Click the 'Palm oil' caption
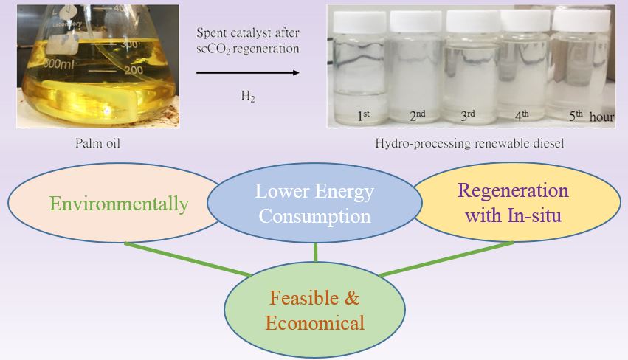pos(97,143)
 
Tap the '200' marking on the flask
pos(134,70)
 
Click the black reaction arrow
pos(248,72)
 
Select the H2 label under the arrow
pos(248,97)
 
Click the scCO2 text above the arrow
pos(213,49)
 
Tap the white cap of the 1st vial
pos(360,22)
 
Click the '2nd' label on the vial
pos(418,115)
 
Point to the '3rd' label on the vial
pos(468,115)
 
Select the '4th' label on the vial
pos(522,115)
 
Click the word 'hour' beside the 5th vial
pos(601,117)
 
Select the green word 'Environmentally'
pos(119,204)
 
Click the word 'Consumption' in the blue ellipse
pos(314,216)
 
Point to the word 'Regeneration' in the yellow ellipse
pos(513,190)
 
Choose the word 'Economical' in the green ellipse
pos(315,323)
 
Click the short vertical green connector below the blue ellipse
pos(316,252)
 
